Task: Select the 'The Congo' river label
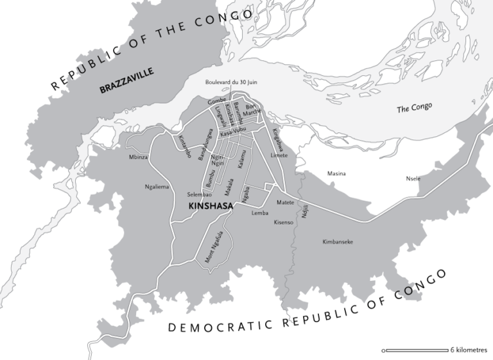coord(414,108)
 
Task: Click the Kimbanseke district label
coord(338,242)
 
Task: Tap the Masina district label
coord(336,173)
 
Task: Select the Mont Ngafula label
coord(214,246)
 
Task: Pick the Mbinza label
coord(138,157)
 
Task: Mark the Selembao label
coord(199,194)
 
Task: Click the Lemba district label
coord(260,212)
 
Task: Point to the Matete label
coord(285,202)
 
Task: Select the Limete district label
coord(279,155)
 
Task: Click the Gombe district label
coord(216,102)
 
